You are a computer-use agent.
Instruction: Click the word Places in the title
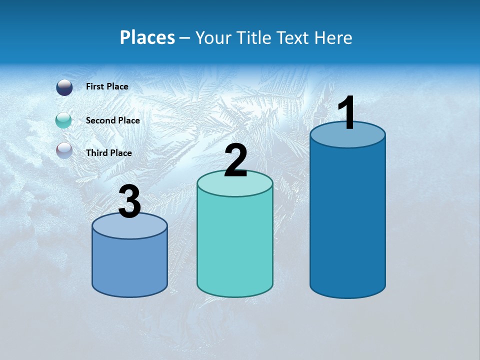coord(147,37)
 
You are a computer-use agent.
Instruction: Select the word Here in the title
coord(334,37)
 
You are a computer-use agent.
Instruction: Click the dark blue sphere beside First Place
coord(64,87)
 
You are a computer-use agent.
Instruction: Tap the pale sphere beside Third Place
coord(64,150)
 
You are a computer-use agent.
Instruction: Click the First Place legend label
coord(107,86)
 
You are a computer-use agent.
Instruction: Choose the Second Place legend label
coord(112,120)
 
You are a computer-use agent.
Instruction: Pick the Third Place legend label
coord(108,153)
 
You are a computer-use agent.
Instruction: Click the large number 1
coord(346,113)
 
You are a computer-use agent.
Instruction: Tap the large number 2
coord(236,161)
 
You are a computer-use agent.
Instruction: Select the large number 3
coord(130,202)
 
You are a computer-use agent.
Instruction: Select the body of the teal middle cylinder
coord(235,245)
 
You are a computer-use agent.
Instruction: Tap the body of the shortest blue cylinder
coord(130,265)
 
